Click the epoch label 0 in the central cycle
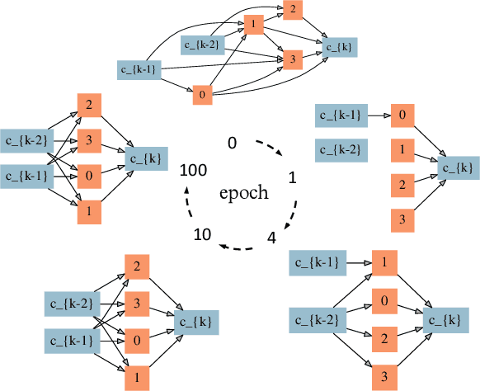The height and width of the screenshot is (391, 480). click(x=233, y=144)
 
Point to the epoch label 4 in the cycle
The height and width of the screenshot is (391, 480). click(x=271, y=239)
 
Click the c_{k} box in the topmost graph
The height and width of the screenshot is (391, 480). click(x=341, y=48)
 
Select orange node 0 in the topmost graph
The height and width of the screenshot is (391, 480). click(x=201, y=96)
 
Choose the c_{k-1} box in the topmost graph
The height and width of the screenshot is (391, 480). click(x=138, y=69)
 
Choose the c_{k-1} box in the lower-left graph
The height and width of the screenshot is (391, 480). click(x=70, y=338)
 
